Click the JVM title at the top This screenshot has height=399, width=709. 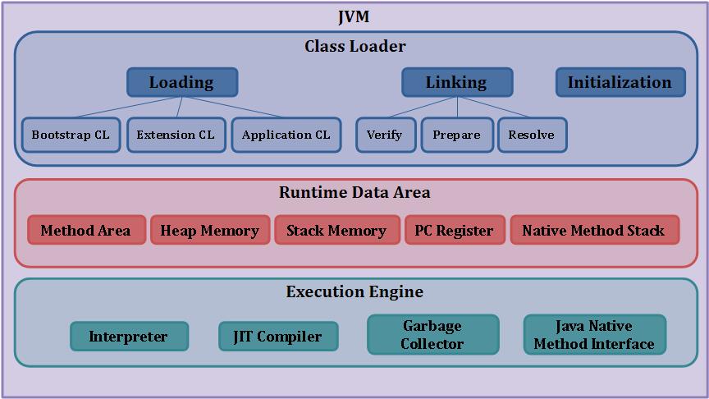354,17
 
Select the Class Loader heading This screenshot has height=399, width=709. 354,47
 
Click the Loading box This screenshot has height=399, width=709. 181,82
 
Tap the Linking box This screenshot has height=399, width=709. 456,82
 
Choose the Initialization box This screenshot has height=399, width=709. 620,82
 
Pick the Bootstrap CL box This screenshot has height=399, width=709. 71,135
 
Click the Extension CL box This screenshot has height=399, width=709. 176,135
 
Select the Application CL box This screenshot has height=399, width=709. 286,135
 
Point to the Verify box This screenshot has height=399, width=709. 385,135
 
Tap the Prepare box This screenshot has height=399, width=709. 456,135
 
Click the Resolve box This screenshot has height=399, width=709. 531,135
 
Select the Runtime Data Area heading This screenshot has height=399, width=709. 354,193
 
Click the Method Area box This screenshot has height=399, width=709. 85,231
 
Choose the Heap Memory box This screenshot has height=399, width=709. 209,231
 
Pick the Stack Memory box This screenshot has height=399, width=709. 336,231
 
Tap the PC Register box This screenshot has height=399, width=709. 454,231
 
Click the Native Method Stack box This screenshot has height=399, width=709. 593,231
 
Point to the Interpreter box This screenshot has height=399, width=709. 128,337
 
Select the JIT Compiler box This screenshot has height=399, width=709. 278,337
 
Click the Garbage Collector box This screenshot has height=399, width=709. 432,335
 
